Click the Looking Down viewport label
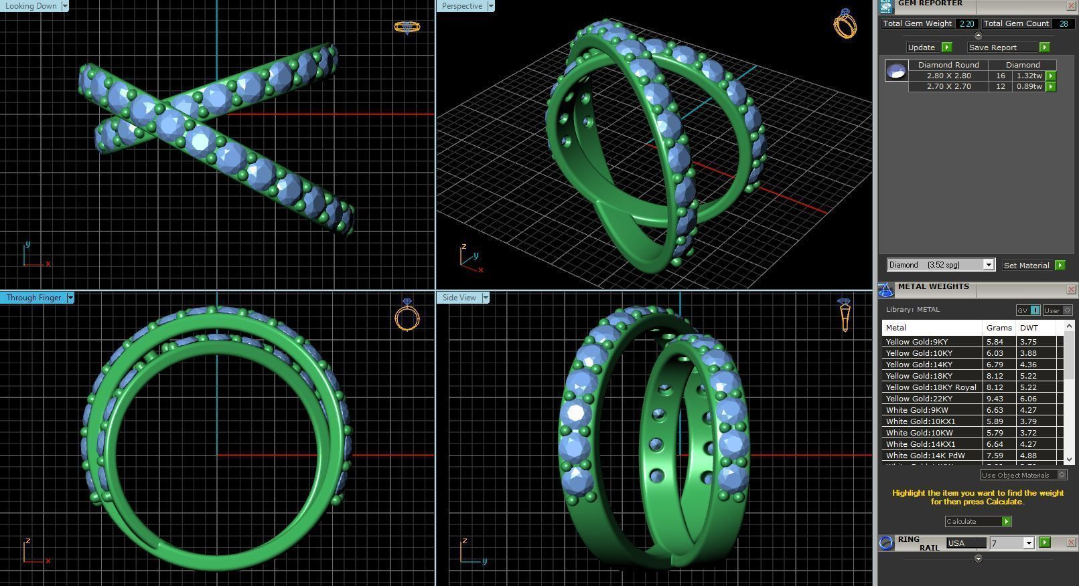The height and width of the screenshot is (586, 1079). [x=31, y=6]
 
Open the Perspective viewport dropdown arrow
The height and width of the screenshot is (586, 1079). [x=491, y=6]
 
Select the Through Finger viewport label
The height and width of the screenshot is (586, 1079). [x=33, y=298]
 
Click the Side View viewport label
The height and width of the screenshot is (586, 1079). [x=459, y=298]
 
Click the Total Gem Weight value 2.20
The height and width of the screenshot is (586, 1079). [x=966, y=23]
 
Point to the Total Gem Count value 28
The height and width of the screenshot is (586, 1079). [x=1063, y=23]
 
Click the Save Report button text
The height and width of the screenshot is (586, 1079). [x=993, y=47]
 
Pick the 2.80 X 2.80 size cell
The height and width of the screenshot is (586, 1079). [x=948, y=76]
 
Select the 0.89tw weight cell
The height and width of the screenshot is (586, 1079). [x=1029, y=86]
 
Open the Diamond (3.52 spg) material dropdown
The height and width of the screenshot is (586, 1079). [x=988, y=265]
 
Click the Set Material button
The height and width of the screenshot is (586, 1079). [x=1026, y=266]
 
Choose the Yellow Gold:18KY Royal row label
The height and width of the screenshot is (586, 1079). [x=931, y=387]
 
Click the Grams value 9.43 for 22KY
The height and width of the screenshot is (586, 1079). [x=995, y=399]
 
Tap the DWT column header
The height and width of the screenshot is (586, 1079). [x=1029, y=328]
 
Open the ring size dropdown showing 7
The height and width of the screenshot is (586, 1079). [x=1028, y=543]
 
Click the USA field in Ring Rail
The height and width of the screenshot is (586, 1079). [x=965, y=543]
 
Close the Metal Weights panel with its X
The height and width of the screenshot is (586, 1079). [x=1070, y=289]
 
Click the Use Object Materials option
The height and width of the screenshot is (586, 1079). [x=1015, y=475]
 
